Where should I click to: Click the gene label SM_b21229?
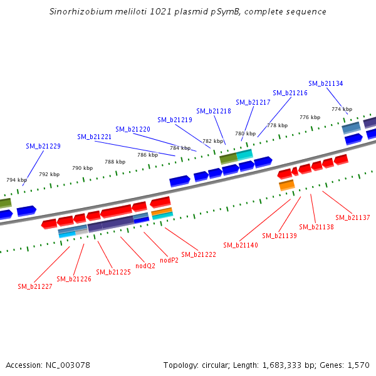(43, 146)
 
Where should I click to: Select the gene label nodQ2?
(146, 266)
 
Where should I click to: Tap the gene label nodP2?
(169, 260)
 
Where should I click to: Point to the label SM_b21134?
(326, 83)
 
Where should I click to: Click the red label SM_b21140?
(241, 245)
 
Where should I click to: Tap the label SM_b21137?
(353, 217)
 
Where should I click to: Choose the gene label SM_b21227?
(35, 286)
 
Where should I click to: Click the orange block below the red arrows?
(286, 185)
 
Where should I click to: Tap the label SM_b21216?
(290, 93)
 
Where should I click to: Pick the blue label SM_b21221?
(95, 137)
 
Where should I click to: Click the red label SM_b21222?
(199, 254)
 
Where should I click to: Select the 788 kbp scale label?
(115, 162)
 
